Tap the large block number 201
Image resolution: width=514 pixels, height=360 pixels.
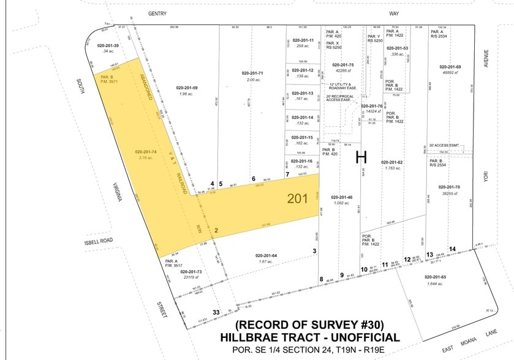point(298,198)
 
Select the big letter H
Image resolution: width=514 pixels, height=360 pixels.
point(362,157)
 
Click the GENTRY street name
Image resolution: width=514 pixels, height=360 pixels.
point(157,13)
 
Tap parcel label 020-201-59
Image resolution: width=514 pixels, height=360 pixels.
point(186,88)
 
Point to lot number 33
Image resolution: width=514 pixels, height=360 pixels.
point(216,312)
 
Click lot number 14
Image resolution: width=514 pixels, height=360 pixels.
point(452,249)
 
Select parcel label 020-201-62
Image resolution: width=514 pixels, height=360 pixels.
point(392,162)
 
